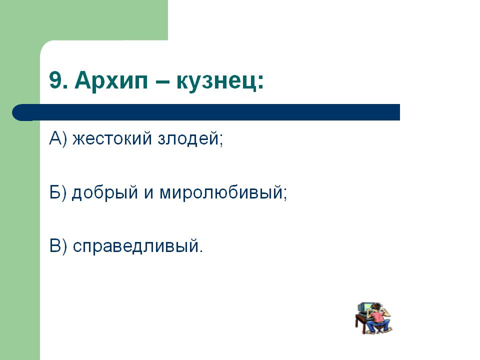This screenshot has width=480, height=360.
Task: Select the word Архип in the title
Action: click(x=111, y=81)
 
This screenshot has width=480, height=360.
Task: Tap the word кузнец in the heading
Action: click(x=216, y=82)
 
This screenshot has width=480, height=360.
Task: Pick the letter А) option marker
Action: click(x=58, y=138)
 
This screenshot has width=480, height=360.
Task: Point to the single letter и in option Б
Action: click(x=149, y=194)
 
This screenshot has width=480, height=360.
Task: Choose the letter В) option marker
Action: click(x=58, y=246)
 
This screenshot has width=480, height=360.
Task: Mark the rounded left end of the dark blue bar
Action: click(x=17, y=112)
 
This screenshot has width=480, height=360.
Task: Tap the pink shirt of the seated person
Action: click(x=378, y=316)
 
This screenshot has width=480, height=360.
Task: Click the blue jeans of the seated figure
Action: click(x=379, y=325)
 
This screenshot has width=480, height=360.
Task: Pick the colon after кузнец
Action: click(x=260, y=82)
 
